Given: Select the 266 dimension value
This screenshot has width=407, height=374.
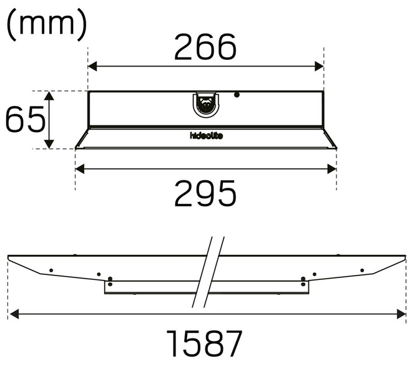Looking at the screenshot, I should pyautogui.click(x=205, y=47).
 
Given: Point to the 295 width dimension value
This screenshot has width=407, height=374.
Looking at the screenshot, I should pyautogui.click(x=205, y=193).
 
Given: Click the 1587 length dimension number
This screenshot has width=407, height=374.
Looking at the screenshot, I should pyautogui.click(x=205, y=343).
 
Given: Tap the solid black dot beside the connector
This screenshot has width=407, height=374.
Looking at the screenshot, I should pyautogui.click(x=237, y=95).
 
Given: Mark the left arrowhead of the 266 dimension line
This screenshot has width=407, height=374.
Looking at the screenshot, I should pyautogui.click(x=92, y=67).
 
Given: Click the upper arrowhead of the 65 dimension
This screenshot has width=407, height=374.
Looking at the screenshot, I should pyautogui.click(x=50, y=95).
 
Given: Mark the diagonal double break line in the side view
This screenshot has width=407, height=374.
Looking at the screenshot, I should pyautogui.click(x=208, y=272).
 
